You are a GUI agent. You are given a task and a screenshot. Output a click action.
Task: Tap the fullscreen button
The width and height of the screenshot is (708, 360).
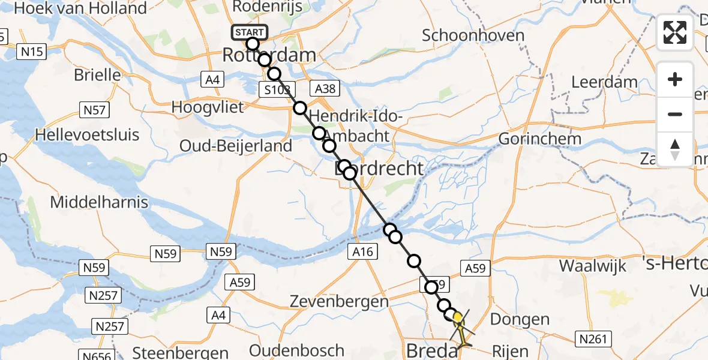coord(674,32)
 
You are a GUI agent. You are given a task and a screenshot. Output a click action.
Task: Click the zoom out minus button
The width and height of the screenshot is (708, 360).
coord(674,114)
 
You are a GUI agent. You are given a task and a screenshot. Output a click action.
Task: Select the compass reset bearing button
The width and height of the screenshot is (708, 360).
coord(674,149)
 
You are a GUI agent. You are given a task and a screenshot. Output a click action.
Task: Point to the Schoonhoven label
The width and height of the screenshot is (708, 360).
coord(473,35)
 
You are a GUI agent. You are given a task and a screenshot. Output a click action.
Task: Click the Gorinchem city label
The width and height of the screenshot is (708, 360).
coord(540,139)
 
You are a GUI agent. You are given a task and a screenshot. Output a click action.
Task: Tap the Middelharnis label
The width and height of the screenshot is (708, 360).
coord(98,202)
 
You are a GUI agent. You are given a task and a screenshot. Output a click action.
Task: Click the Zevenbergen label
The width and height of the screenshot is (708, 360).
coord(339,301)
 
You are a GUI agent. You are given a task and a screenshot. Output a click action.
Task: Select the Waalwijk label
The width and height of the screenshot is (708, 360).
coord(592,265)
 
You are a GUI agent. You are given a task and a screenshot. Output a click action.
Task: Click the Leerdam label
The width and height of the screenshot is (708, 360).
coord(604,82)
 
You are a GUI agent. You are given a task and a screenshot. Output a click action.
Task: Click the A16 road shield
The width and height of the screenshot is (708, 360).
coord(362,253)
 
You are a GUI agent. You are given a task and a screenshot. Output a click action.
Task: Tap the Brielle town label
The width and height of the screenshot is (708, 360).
coord(97,75)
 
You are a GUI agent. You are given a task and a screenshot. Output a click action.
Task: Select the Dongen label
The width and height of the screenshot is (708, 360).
coord(520,319)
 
